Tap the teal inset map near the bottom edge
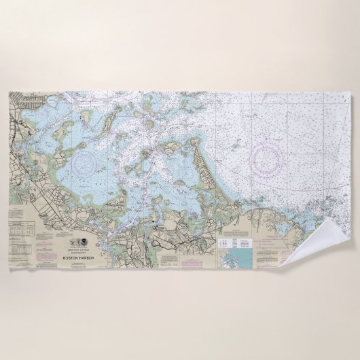point(238,259)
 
